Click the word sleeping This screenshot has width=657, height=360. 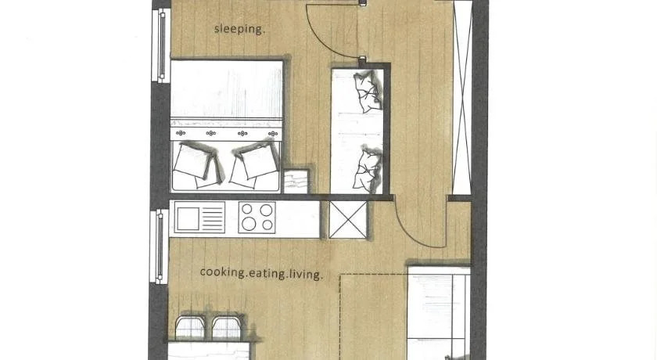239,29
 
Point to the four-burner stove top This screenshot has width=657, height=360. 257,217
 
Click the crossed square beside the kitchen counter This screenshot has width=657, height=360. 348,219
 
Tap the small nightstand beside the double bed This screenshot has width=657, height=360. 296,181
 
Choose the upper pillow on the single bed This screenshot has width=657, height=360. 368,92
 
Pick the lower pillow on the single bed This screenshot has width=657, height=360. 367,169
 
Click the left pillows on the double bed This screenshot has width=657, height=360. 197,165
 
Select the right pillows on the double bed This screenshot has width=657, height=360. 253,164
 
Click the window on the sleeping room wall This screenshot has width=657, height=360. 160,45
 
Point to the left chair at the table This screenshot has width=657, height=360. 190,327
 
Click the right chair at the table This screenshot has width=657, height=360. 227,327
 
